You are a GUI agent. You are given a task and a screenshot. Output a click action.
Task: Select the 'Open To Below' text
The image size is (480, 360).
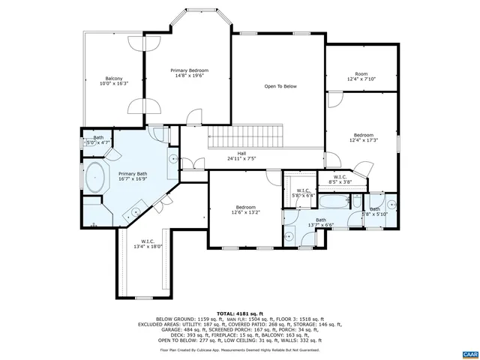pos(280,86)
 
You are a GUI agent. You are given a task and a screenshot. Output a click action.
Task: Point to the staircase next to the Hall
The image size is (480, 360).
pos(246,137)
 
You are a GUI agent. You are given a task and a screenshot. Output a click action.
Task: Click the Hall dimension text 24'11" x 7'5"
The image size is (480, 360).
pos(241,158)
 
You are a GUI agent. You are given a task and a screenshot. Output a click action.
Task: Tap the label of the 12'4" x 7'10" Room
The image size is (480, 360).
pos(361,76)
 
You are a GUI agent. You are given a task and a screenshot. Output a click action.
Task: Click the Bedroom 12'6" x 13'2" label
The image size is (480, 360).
pos(246,209)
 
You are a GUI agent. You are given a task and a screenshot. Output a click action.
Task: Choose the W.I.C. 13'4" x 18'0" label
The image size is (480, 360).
pos(148,244)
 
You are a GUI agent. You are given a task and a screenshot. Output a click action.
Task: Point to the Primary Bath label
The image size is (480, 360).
pos(132,176)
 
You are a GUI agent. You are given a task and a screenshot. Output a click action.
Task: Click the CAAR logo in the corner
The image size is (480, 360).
pos(469,352)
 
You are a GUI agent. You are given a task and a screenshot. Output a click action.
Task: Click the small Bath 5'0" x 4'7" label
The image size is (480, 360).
pos(97,139)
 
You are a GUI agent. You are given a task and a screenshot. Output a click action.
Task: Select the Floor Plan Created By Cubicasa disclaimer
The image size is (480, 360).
pos(239,349)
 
